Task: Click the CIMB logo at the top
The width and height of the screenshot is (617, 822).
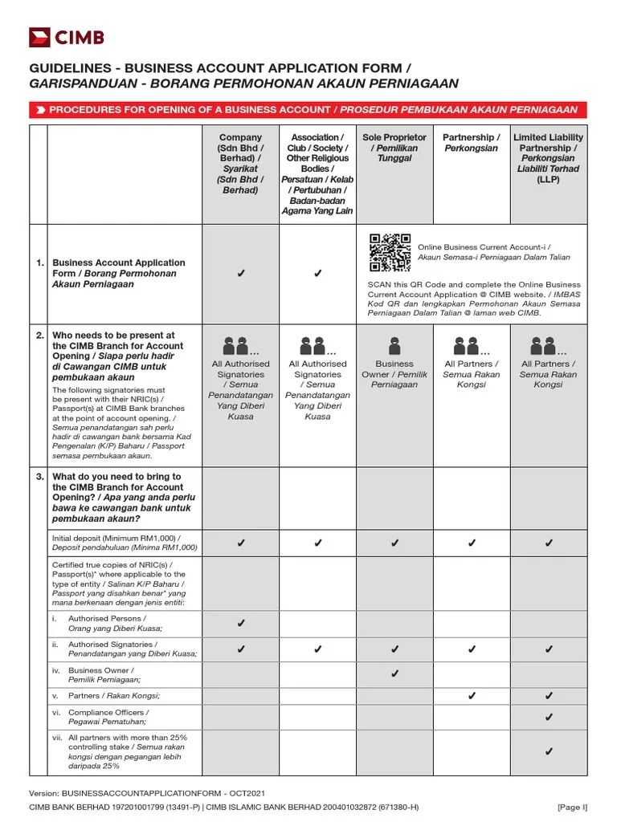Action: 66,37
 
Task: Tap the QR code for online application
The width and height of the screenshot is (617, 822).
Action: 390,254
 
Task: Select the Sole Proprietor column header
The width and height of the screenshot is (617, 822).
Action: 394,149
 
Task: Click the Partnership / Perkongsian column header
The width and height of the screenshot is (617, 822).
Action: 471,143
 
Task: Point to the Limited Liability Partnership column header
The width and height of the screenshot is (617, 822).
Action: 548,159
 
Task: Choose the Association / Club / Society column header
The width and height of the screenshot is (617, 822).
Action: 317,174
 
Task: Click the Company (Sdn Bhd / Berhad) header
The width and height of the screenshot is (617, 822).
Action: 240,164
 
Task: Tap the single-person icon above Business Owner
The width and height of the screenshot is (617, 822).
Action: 394,346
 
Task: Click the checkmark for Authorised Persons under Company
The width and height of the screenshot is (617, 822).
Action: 240,623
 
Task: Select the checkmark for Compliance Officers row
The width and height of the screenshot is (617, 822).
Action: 549,717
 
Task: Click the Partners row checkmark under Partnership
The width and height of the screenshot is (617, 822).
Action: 472,695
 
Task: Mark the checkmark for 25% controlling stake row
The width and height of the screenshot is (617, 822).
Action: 549,751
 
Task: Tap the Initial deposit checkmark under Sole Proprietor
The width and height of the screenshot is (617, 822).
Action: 394,543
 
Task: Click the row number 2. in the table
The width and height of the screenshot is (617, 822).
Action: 39,336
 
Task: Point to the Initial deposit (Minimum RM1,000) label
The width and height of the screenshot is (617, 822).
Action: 124,543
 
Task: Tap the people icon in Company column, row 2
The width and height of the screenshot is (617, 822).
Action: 239,346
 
